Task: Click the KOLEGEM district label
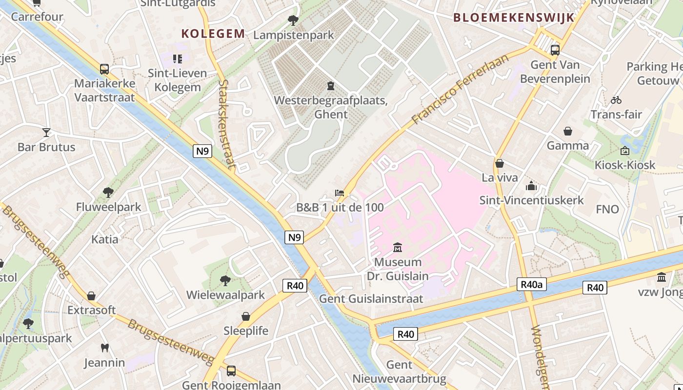pyautogui.click(x=213, y=34)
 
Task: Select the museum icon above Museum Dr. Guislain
pyautogui.click(x=398, y=248)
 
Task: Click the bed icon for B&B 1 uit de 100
pyautogui.click(x=340, y=193)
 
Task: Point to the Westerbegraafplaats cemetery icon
pyautogui.click(x=331, y=86)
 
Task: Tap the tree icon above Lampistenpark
pyautogui.click(x=293, y=20)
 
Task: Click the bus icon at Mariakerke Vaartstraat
pyautogui.click(x=104, y=69)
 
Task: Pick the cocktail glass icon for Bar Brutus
pyautogui.click(x=46, y=132)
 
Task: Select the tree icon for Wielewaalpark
pyautogui.click(x=225, y=280)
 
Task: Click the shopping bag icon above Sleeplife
pyautogui.click(x=246, y=316)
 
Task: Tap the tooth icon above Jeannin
pyautogui.click(x=104, y=348)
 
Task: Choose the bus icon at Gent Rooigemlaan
pyautogui.click(x=231, y=371)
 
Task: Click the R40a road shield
pyautogui.click(x=531, y=284)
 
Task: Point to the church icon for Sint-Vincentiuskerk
pyautogui.click(x=531, y=186)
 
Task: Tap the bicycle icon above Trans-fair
pyautogui.click(x=616, y=100)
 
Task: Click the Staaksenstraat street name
pyautogui.click(x=227, y=125)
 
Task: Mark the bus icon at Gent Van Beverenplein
pyautogui.click(x=555, y=50)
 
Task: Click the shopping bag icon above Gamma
pyautogui.click(x=568, y=131)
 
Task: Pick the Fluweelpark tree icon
pyautogui.click(x=108, y=193)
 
